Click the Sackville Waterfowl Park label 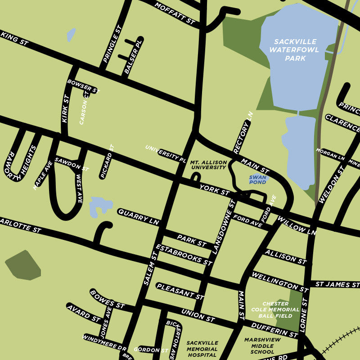click(x=295, y=50)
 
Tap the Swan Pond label click(x=258, y=180)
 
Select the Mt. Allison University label click(x=208, y=165)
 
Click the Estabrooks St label click(x=183, y=255)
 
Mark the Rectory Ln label click(x=243, y=133)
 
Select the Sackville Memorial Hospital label click(x=202, y=349)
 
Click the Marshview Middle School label click(x=259, y=346)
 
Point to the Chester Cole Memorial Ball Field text click(x=281, y=310)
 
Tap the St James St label click(x=337, y=284)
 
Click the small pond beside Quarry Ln click(x=100, y=206)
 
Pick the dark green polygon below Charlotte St click(x=23, y=265)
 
